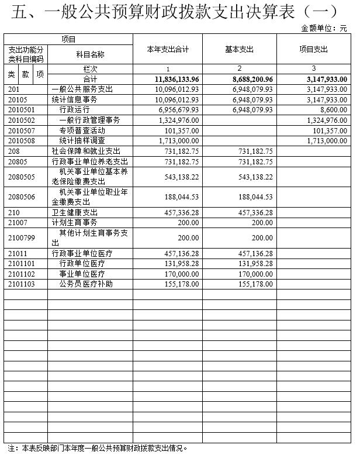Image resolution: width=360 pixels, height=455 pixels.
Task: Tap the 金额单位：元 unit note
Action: (x=327, y=28)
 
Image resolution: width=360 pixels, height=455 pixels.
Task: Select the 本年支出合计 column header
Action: (x=168, y=50)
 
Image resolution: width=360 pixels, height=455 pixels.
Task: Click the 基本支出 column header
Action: (x=240, y=50)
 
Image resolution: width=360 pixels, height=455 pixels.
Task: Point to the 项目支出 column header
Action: (x=314, y=50)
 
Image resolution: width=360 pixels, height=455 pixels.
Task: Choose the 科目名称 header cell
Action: (x=90, y=54)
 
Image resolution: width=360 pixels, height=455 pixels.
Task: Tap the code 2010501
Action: (x=22, y=109)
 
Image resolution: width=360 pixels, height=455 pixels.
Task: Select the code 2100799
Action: (x=22, y=238)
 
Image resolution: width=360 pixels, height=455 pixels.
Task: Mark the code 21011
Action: (x=18, y=253)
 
